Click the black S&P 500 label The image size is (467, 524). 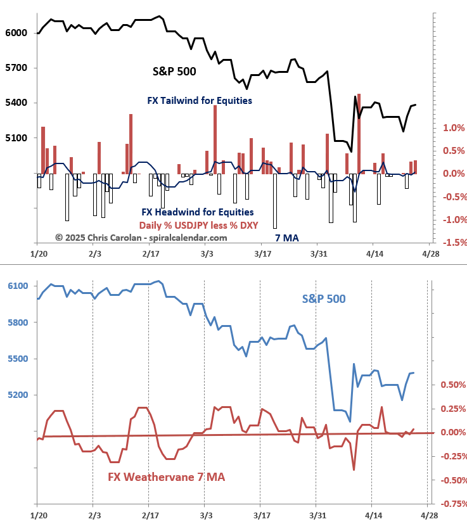(x=174, y=72)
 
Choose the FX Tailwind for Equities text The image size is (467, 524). (x=200, y=100)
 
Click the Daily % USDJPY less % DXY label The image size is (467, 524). (x=198, y=225)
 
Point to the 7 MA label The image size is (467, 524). (x=286, y=238)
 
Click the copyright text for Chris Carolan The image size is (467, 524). (x=141, y=238)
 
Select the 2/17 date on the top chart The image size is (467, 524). (x=150, y=253)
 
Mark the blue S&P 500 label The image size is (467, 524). (x=323, y=298)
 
